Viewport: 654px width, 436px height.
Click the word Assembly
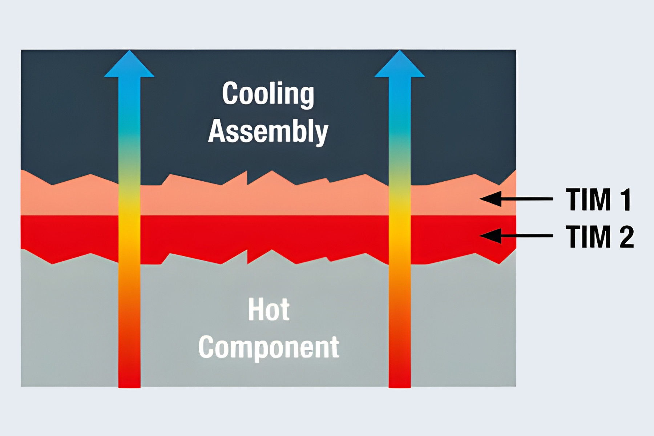[x=268, y=132]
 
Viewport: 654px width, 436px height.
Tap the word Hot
[x=269, y=310]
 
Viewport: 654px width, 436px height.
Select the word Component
[x=269, y=347]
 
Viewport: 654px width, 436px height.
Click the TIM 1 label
[x=599, y=199]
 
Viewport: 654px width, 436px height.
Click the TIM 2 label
[x=600, y=237]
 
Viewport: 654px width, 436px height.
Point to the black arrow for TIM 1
[x=516, y=199]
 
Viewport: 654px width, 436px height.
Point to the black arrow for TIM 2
[x=516, y=236]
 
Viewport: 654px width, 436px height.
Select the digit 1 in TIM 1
[x=626, y=199]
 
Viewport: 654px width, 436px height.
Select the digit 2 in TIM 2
[x=626, y=237]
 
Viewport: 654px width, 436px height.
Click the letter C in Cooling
[x=230, y=93]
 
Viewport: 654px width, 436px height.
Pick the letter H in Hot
[x=255, y=310]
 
